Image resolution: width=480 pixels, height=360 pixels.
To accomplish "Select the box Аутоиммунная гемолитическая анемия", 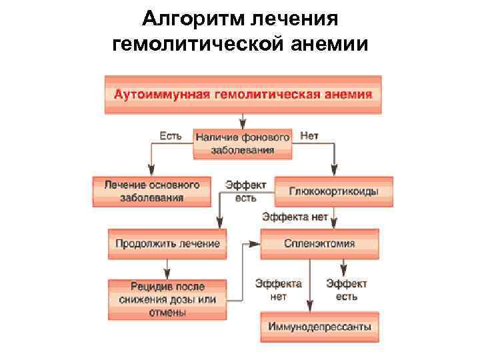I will point(243,95).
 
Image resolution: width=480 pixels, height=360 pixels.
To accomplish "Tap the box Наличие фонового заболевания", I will point(243,143).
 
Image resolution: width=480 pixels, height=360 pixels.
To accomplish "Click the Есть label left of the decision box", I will point(170,136).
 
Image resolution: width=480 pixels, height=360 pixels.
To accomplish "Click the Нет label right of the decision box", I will point(309,136).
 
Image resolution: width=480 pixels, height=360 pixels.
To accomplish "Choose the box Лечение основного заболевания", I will point(151,191).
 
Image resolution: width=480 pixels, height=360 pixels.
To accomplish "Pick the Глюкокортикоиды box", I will point(333,191).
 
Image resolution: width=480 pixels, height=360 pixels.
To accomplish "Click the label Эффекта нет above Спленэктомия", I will point(295,217).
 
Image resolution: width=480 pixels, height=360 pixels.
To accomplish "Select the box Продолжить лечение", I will point(167,243).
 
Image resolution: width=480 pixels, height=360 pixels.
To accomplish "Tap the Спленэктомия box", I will point(319,243).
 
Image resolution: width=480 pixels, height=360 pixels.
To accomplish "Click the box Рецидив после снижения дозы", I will point(167,299).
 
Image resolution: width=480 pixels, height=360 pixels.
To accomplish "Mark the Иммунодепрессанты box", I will point(319,327).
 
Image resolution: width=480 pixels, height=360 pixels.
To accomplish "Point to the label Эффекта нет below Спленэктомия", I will point(279,289).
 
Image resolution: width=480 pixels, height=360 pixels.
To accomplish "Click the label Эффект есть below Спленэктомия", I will point(346,289).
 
